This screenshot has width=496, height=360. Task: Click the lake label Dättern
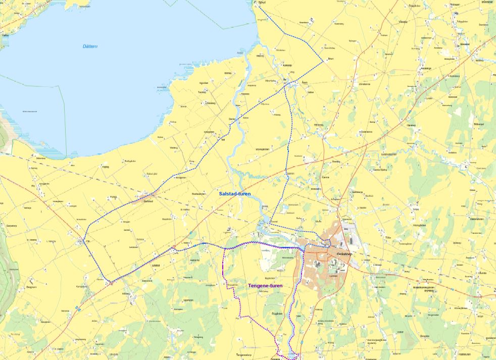pos(90,46)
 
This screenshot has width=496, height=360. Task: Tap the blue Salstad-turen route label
pos(235,194)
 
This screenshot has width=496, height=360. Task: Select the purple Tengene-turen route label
pos(265,286)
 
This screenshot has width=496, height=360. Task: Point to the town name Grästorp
pos(346,254)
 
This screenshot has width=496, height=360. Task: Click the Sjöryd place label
pos(262,3)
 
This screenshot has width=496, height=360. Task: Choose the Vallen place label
pos(311,92)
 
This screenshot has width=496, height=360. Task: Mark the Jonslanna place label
pos(364,84)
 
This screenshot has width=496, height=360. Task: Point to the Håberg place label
pos(126,293)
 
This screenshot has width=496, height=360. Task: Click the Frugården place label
pos(277,314)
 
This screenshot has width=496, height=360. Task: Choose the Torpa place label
pos(416,208)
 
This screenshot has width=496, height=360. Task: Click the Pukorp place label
pos(113,197)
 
